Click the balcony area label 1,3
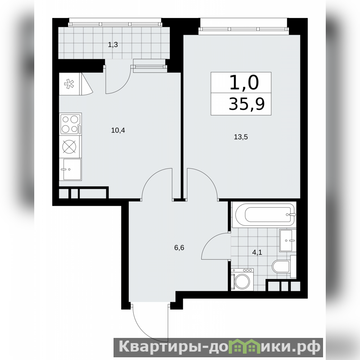tap(113, 45)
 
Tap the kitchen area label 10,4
tap(118, 130)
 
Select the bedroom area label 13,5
tap(241, 137)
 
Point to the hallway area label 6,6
tap(179, 248)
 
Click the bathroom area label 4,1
tap(257, 253)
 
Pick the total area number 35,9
tap(247, 104)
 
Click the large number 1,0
tap(244, 82)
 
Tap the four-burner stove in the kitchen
tap(70, 124)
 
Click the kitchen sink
tap(70, 169)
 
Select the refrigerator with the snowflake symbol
tap(69, 84)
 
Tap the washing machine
tap(242, 280)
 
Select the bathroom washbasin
tap(287, 241)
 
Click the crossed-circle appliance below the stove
tap(69, 146)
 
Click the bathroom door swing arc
tap(210, 241)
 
